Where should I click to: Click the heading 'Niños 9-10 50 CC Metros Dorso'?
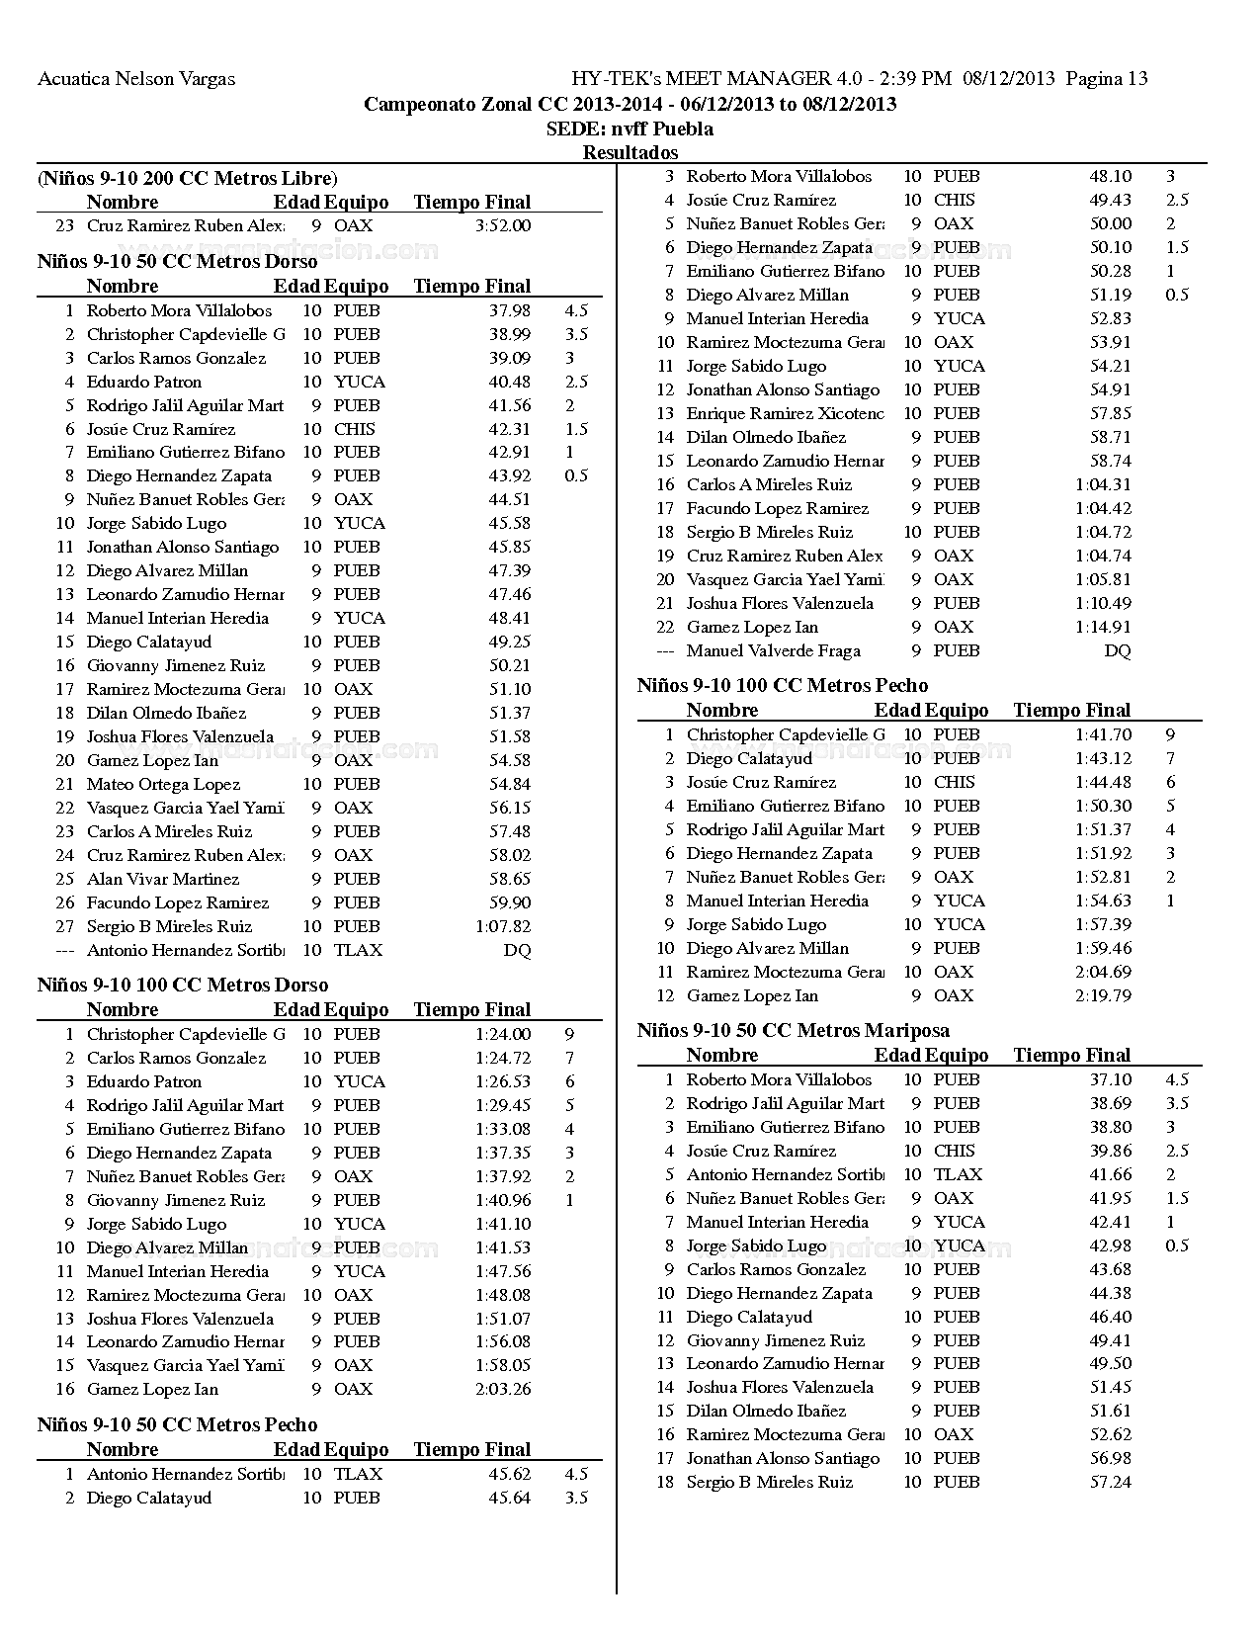click(x=178, y=262)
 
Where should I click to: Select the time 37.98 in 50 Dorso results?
click(x=510, y=310)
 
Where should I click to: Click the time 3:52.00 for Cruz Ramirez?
click(x=503, y=225)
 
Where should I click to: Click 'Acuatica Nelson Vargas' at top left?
click(x=136, y=79)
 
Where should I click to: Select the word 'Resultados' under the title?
click(x=630, y=153)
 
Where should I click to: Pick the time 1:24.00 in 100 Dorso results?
click(x=503, y=1035)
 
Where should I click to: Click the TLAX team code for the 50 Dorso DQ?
click(x=358, y=951)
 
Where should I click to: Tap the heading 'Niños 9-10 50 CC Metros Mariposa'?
click(x=794, y=1031)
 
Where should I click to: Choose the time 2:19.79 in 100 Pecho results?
click(x=1103, y=996)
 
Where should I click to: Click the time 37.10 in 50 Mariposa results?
click(x=1110, y=1080)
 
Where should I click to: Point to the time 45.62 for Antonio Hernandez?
click(x=510, y=1475)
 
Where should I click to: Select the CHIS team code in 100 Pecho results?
click(x=954, y=783)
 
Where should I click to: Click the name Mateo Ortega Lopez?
click(x=163, y=785)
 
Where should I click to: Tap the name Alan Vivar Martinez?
click(x=163, y=880)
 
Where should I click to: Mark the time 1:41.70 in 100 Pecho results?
click(x=1103, y=735)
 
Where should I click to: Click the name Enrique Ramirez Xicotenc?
click(x=785, y=414)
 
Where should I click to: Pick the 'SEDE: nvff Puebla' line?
click(x=630, y=129)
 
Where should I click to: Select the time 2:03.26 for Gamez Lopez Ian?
click(x=503, y=1390)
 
